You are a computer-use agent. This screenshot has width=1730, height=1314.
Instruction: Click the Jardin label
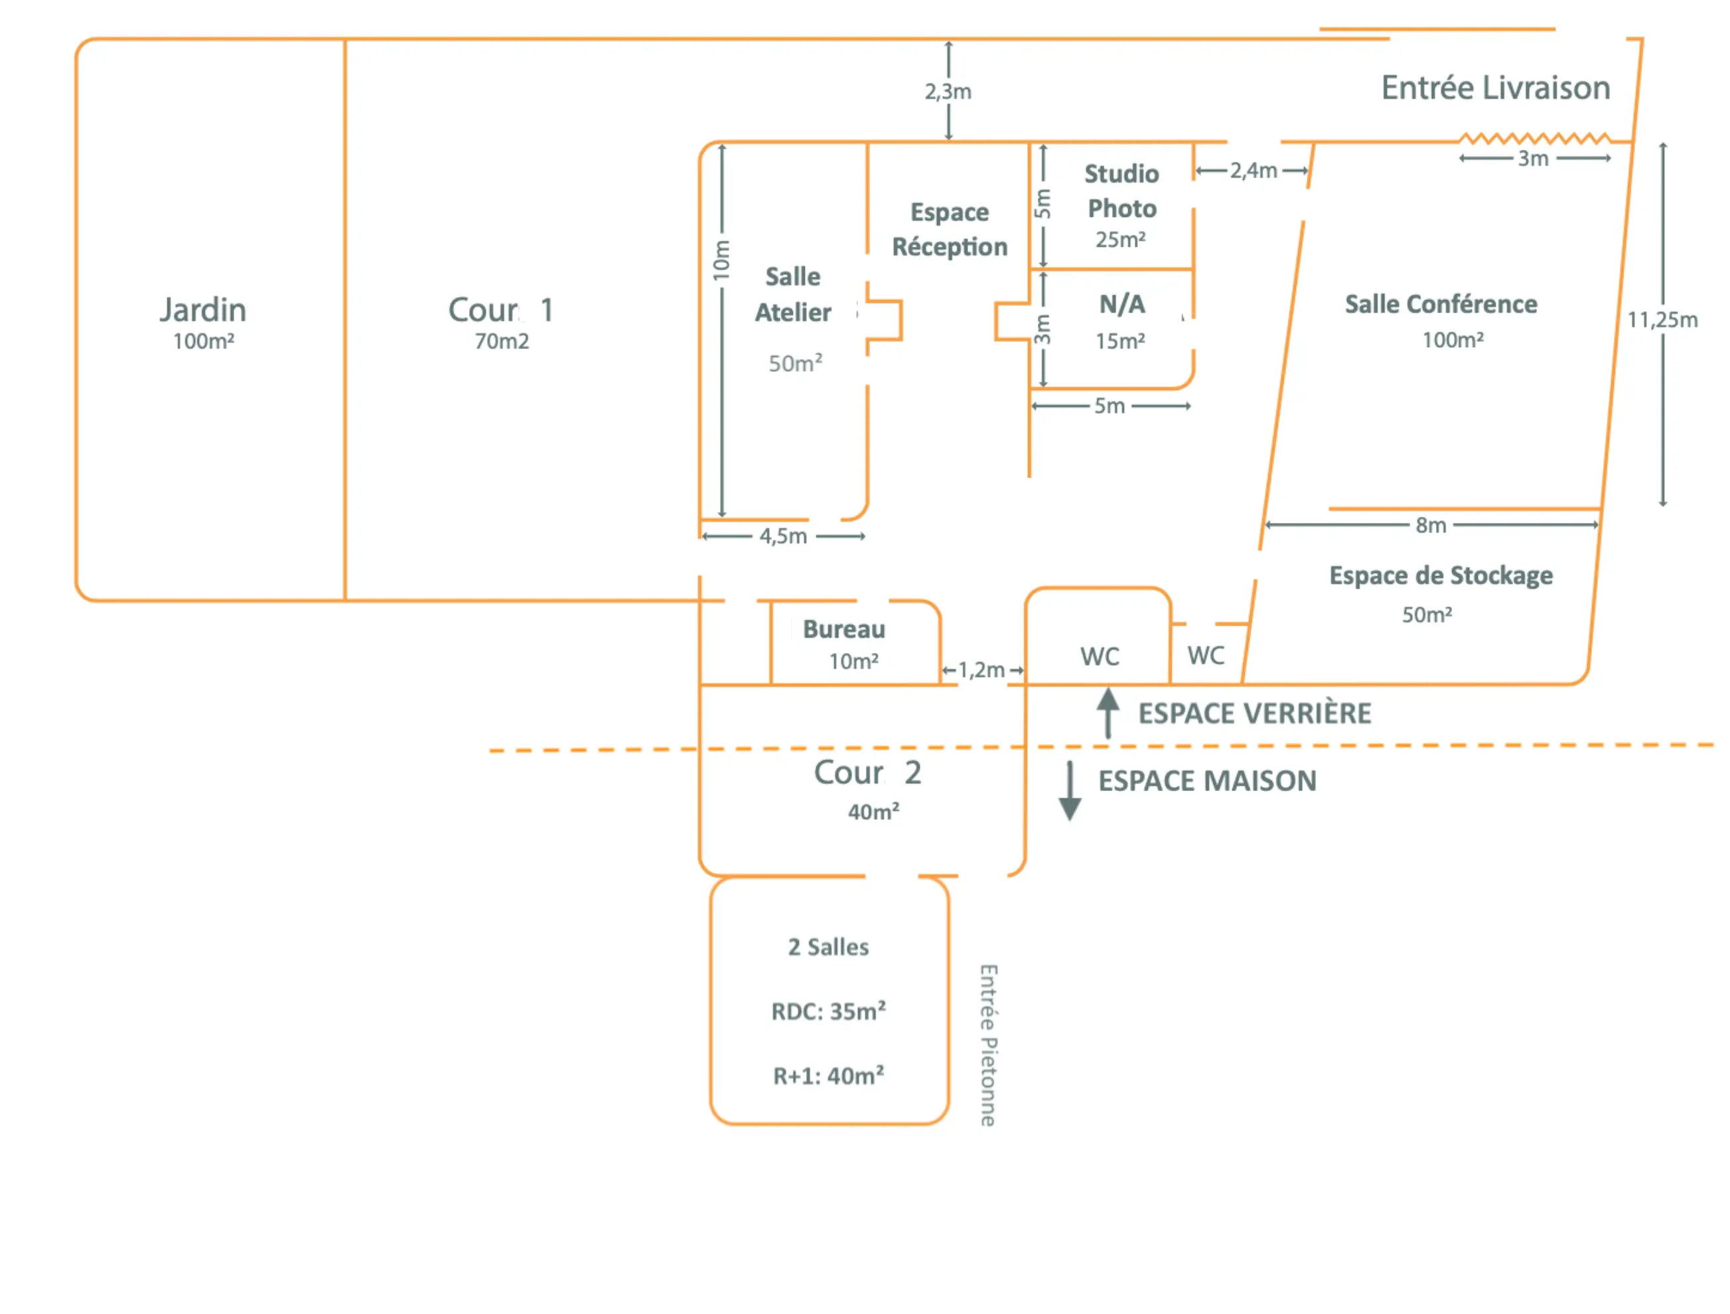[x=203, y=311]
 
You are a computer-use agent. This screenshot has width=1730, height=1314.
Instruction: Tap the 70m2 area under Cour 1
[x=501, y=342]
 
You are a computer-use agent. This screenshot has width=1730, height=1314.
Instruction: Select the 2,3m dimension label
[x=948, y=92]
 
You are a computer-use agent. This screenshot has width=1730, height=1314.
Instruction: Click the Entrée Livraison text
[x=1495, y=88]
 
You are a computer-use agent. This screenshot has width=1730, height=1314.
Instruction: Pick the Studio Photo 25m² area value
[x=1120, y=240]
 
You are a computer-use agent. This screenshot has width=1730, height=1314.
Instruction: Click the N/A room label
[x=1121, y=304]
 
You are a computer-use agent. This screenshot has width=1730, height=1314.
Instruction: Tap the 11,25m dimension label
[x=1662, y=320]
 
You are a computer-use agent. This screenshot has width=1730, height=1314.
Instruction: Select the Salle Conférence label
[x=1441, y=304]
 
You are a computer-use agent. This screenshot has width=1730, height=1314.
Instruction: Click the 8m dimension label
[x=1431, y=526]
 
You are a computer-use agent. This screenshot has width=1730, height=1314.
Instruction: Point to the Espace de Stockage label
[x=1441, y=575]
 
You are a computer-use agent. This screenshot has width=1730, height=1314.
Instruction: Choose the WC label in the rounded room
[x=1100, y=656]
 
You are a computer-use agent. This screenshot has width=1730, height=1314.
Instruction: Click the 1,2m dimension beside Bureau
[x=981, y=670]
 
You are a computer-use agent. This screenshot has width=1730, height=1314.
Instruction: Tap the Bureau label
[x=844, y=630]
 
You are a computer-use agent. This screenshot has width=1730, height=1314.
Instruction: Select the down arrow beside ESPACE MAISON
[x=1069, y=791]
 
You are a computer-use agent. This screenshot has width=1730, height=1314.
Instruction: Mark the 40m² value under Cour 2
[x=873, y=812]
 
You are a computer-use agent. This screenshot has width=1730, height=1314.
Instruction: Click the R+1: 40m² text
[x=828, y=1076]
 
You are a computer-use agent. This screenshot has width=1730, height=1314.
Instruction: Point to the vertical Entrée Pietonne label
[x=989, y=1045]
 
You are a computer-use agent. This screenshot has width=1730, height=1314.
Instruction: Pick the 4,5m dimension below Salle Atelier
[x=783, y=536]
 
